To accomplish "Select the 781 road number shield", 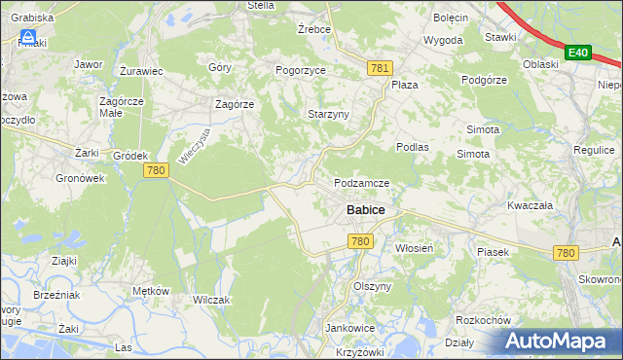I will pos(380,67).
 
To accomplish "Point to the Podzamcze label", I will pos(361,184).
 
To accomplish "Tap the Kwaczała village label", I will pos(530,206).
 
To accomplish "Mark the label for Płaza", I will pos(404,85).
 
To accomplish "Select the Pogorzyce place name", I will pos(299,71).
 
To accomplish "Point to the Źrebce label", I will pos(314,29).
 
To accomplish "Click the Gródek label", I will pos(129,156).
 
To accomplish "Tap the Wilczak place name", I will pos(210,300).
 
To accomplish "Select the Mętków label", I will pos(151,291).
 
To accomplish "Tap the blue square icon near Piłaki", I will pos(29,38).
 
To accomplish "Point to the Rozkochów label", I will pos(484,320).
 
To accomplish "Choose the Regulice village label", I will pos(594,151).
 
